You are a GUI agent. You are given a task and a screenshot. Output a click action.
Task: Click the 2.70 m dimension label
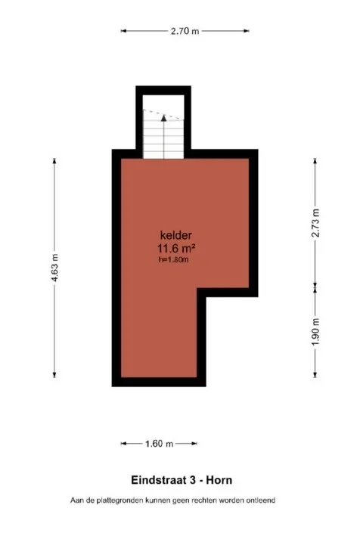[x=185, y=31]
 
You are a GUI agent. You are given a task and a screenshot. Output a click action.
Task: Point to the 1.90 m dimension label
[x=316, y=331]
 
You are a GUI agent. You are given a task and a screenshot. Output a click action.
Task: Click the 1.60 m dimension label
[x=160, y=444]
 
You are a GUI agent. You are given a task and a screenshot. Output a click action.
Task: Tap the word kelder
[x=174, y=234]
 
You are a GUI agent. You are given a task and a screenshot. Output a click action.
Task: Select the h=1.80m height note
[x=173, y=260]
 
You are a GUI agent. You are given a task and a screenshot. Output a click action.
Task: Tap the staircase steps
[x=163, y=140]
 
